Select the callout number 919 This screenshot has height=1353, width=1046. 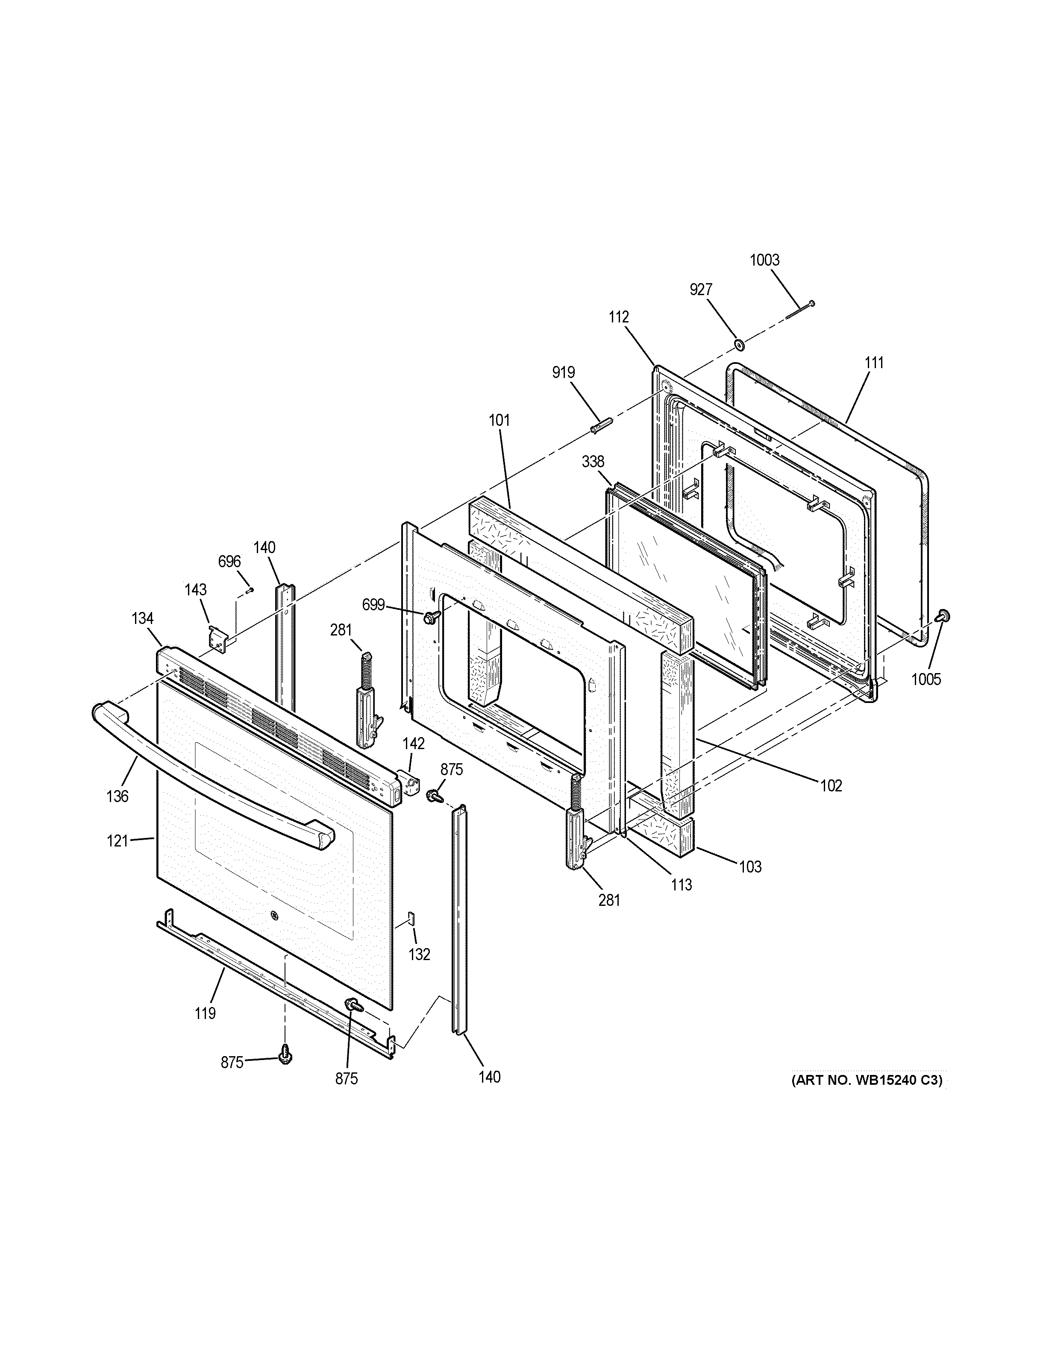pos(563,372)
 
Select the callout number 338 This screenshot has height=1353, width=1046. pos(593,462)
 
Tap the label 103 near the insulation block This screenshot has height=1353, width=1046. pos(750,867)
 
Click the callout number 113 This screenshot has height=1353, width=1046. pos(681,884)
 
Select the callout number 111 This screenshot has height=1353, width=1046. pos(874,363)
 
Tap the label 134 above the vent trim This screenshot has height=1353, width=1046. pos(143,618)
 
